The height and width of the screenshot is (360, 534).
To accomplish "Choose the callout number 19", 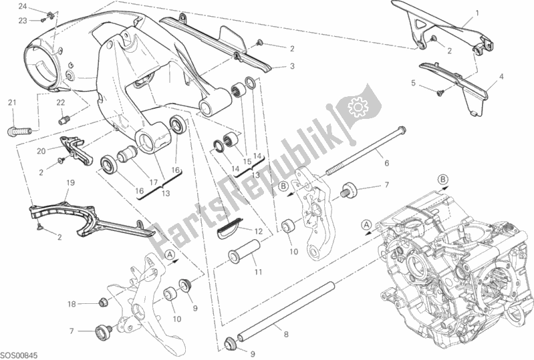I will click(69, 182).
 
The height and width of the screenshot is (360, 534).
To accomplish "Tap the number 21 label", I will click(11, 102).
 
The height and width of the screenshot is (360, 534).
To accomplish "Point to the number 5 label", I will click(414, 83).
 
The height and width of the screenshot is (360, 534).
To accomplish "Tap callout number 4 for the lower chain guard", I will click(501, 86).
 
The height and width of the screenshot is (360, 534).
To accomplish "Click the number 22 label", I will click(60, 102).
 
